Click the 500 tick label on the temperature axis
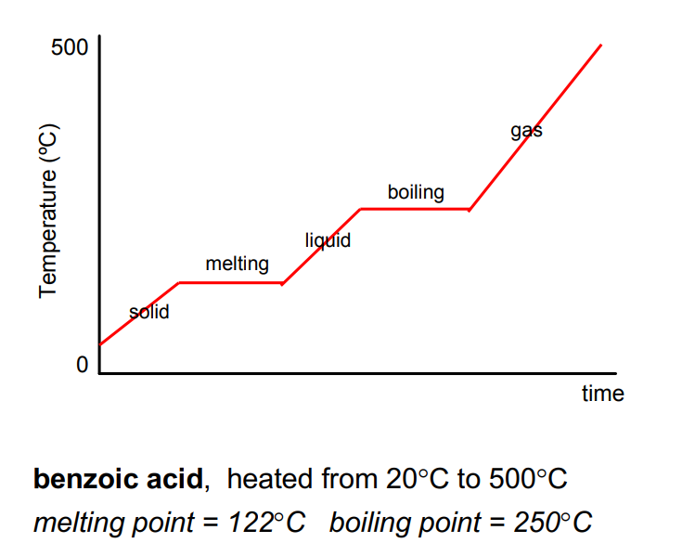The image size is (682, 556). (70, 47)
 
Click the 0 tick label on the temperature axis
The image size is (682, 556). (82, 365)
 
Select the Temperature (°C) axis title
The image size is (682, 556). (48, 212)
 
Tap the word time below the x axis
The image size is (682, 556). (602, 394)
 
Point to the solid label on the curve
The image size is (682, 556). (149, 312)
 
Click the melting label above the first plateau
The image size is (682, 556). (237, 265)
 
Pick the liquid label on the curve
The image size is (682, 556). (328, 241)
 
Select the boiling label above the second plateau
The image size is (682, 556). (415, 193)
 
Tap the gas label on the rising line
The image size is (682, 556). (526, 131)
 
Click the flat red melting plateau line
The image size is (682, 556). (230, 282)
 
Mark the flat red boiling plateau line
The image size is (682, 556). (414, 209)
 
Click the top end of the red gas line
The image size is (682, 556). (600, 45)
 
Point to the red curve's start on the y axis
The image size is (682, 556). (100, 344)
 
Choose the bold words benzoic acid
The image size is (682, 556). (117, 480)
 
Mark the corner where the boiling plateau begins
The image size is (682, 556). (360, 209)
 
